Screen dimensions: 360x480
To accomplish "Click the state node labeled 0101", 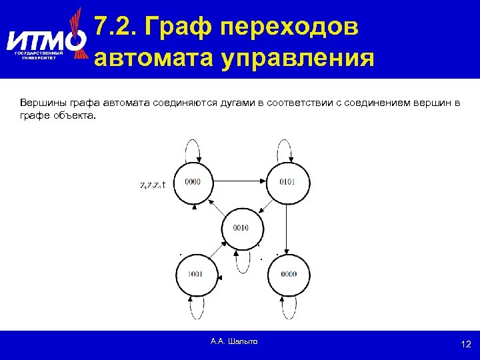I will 287,182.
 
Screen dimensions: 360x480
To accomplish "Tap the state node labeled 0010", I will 241,227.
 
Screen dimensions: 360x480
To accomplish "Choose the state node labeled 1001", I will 196,274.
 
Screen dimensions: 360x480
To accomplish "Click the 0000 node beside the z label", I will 193,182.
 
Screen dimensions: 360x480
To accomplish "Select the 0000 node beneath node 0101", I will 288,274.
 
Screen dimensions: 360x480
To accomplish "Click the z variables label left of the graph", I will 153,186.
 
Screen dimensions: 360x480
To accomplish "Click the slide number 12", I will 465,344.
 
